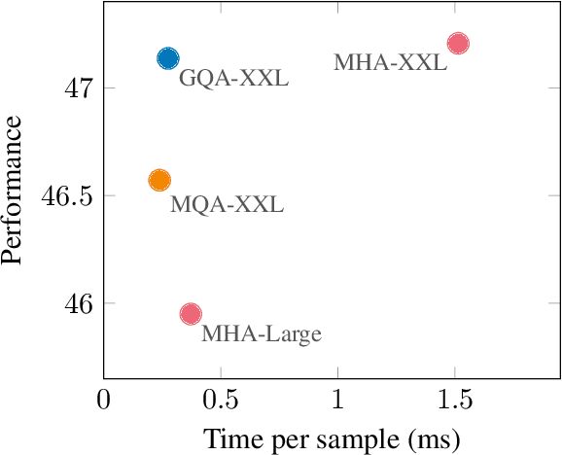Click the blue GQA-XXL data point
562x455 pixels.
click(x=168, y=58)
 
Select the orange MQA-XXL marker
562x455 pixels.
click(x=159, y=180)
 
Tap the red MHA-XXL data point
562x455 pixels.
click(x=457, y=43)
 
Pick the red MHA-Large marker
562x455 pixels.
click(x=191, y=313)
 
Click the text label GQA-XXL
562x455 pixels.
click(x=233, y=79)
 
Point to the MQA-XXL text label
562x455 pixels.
click(x=227, y=205)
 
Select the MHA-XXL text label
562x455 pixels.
click(x=390, y=63)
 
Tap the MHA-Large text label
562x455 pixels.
click(x=261, y=334)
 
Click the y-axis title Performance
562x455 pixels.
click(x=14, y=190)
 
